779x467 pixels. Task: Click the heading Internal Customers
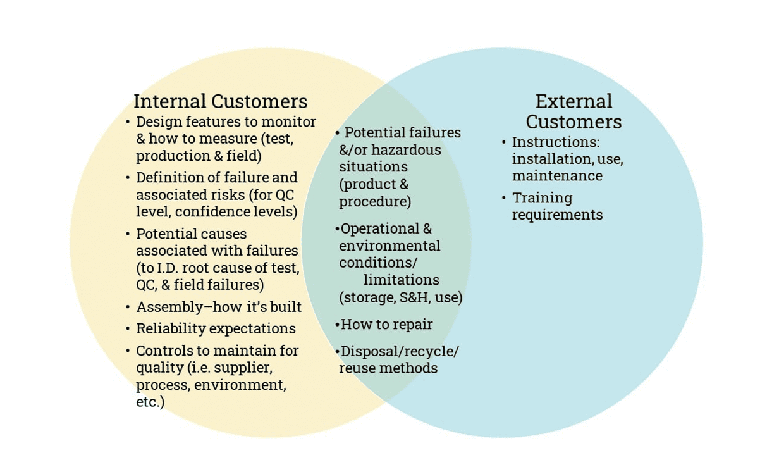(x=220, y=101)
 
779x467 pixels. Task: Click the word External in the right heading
(x=574, y=101)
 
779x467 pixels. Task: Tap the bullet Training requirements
(x=557, y=206)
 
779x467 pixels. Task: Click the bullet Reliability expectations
(x=216, y=328)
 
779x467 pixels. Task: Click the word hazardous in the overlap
(x=406, y=150)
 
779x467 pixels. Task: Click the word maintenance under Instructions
(x=556, y=175)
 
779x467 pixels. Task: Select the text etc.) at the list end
(x=150, y=401)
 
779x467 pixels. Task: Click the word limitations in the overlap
(x=401, y=280)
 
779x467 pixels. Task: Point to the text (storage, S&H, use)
(x=401, y=297)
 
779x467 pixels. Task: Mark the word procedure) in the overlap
(x=375, y=202)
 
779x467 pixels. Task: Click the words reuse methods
(x=388, y=368)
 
